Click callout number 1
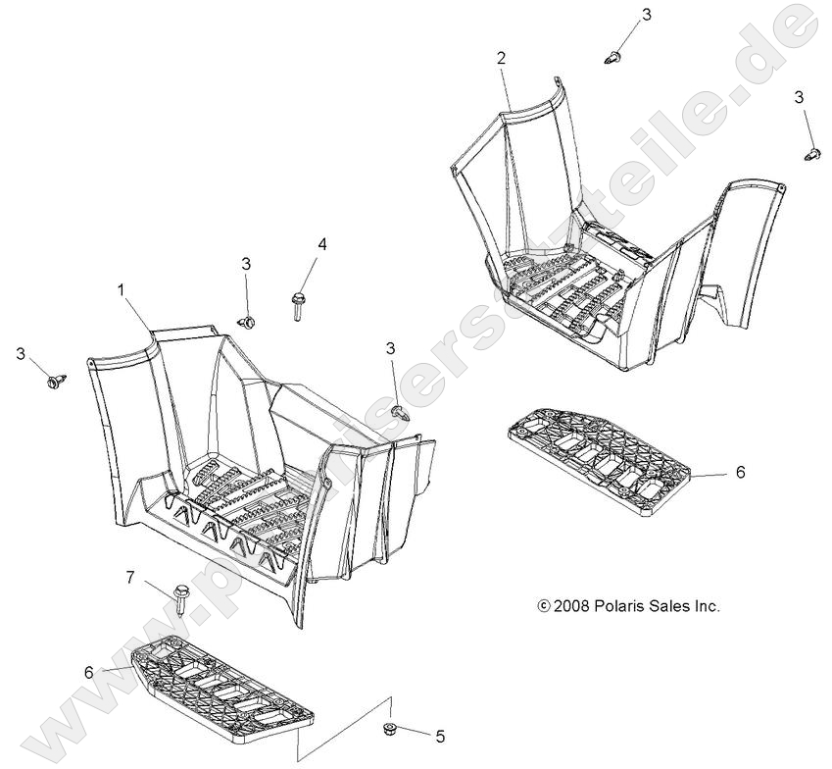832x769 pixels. click(121, 289)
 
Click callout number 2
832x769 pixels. click(502, 59)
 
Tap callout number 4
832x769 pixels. click(322, 244)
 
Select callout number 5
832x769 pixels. click(440, 737)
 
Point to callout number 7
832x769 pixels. click(130, 577)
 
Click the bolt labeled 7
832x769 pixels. click(180, 599)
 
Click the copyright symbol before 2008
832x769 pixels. click(544, 606)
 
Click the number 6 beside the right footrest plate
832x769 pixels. click(741, 472)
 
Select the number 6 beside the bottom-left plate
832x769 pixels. click(88, 672)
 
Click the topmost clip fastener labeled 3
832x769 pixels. click(612, 56)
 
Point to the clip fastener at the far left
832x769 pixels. click(57, 382)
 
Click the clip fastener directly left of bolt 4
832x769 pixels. click(246, 322)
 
